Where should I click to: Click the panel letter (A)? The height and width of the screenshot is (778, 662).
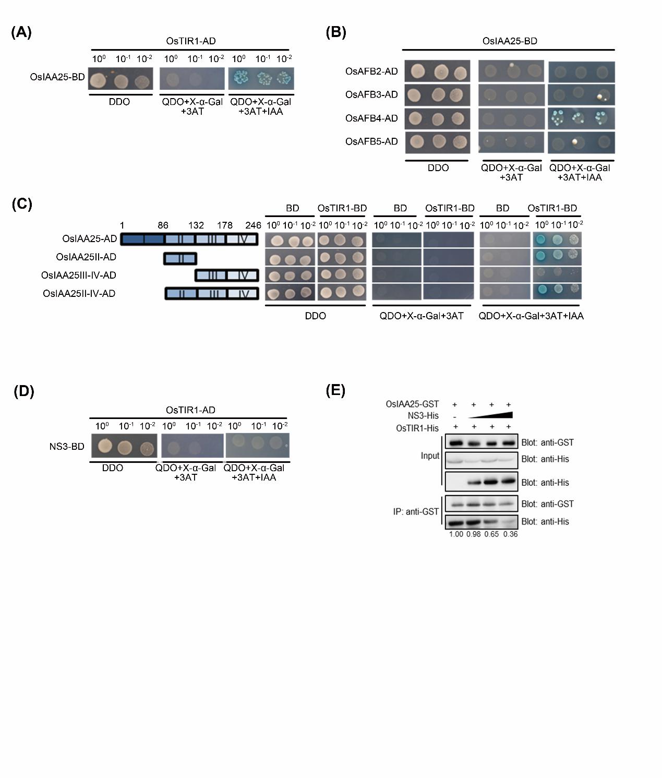pos(21,32)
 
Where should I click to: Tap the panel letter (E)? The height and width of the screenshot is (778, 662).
pos(335,390)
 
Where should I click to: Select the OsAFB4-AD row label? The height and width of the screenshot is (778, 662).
pos(371,118)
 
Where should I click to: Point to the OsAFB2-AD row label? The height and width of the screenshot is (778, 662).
pos(371,71)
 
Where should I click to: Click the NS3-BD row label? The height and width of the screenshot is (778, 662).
pos(67,447)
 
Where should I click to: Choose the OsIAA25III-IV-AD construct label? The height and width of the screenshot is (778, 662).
pos(78,275)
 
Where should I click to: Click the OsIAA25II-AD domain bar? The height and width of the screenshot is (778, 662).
pos(180,259)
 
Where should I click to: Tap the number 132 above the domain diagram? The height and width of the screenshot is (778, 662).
pos(196,225)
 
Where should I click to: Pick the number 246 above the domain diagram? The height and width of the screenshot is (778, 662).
pos(253,225)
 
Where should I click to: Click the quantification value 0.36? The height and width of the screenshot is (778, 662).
pos(510,534)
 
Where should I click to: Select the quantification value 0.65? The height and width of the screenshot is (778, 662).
pos(491,534)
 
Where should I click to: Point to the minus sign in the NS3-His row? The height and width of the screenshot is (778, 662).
pos(455,417)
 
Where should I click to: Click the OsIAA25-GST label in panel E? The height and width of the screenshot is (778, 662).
pos(412,404)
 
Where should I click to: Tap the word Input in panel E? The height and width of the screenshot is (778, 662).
pos(430,456)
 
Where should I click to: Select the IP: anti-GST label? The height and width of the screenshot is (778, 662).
pos(416,511)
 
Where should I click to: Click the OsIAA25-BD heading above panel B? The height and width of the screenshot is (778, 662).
pos(510,41)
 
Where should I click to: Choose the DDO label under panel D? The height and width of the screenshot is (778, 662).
pos(113,468)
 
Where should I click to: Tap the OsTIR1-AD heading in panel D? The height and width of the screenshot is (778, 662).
pos(190,410)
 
